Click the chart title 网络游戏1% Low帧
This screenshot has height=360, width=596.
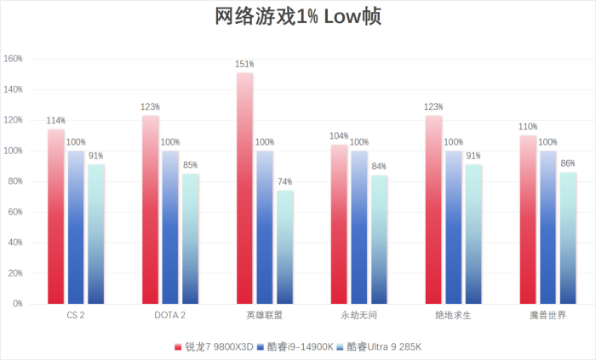[x=298, y=18]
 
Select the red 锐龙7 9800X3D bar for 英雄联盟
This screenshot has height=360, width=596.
[x=244, y=188]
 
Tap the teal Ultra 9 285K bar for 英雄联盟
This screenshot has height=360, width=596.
[x=285, y=247]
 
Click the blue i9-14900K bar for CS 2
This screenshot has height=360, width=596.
[x=76, y=227]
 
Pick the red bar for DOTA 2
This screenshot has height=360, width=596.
[x=150, y=209]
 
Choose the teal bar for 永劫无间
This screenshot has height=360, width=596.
[x=380, y=239]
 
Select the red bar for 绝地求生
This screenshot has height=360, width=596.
[x=433, y=209]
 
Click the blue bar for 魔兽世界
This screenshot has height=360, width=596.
[x=548, y=227]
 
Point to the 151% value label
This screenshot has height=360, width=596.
[x=244, y=64]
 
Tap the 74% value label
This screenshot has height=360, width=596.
[x=285, y=181]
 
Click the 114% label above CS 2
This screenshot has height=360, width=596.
[x=55, y=120]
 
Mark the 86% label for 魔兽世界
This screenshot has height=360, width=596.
[x=568, y=163]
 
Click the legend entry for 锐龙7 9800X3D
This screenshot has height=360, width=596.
[x=214, y=346]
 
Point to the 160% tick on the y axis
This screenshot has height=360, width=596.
[x=14, y=60]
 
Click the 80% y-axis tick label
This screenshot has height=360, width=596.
[x=16, y=181]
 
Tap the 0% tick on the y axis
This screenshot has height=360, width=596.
[x=19, y=304]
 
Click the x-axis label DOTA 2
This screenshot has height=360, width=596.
[x=170, y=316]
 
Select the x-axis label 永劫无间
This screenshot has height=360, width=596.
[x=359, y=316]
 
